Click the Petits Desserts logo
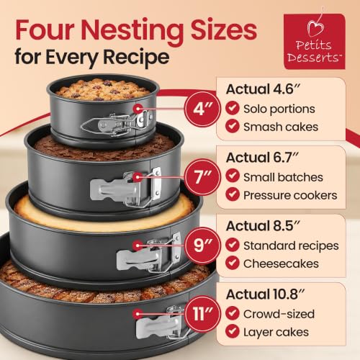pyautogui.click(x=315, y=41)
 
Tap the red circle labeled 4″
pyautogui.click(x=202, y=109)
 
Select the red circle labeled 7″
pyautogui.click(x=202, y=177)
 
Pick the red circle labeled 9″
pyautogui.click(x=202, y=246)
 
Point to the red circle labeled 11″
pyautogui.click(x=202, y=313)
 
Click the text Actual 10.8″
pyautogui.click(x=265, y=294)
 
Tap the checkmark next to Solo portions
pyautogui.click(x=233, y=108)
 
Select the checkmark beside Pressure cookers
pyautogui.click(x=233, y=194)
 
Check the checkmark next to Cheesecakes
pyautogui.click(x=233, y=263)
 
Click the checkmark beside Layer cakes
pyautogui.click(x=233, y=331)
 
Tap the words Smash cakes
pyautogui.click(x=281, y=127)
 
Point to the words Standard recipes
pyautogui.click(x=291, y=246)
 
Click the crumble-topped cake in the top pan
pyautogui.click(x=103, y=90)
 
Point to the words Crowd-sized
pyautogui.click(x=279, y=314)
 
